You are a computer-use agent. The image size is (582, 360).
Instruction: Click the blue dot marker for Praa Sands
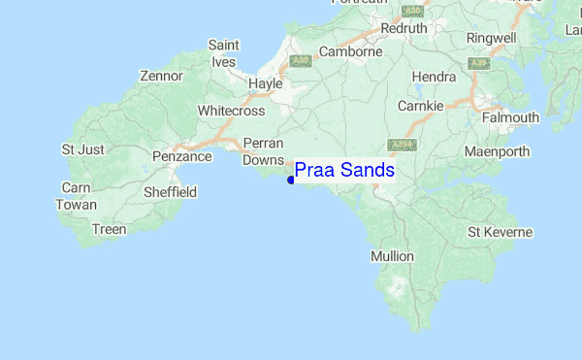291,179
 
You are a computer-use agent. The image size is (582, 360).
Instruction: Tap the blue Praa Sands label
344,171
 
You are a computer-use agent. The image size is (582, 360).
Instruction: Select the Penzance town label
182,156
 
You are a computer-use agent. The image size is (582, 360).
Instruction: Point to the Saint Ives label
224,54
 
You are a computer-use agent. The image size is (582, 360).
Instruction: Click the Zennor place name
161,76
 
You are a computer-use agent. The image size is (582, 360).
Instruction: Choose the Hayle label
265,84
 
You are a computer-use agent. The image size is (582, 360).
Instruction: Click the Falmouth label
511,118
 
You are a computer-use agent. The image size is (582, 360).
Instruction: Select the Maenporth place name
498,152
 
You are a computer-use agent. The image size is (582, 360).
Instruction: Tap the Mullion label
392,257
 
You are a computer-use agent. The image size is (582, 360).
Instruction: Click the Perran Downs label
262,151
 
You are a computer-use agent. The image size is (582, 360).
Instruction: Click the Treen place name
108,230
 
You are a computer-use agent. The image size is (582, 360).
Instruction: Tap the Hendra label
434,77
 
